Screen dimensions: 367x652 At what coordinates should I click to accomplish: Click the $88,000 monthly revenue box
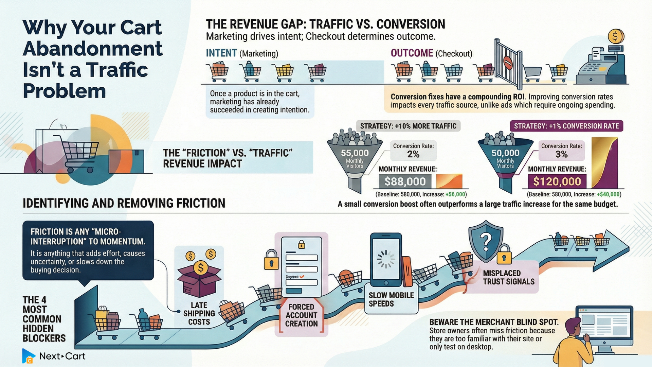point(405,181)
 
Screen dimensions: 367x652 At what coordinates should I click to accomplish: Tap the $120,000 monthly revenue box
point(557,181)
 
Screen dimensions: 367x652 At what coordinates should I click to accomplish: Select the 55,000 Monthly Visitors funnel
point(355,160)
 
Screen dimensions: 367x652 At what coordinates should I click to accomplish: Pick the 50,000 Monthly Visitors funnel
point(505,160)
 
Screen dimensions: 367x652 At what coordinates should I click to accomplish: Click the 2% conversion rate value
point(413,154)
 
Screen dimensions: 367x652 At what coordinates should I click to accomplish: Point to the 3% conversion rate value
point(561,154)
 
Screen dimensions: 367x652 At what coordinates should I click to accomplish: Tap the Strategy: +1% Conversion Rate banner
point(566,126)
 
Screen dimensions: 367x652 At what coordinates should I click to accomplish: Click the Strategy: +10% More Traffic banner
point(408,126)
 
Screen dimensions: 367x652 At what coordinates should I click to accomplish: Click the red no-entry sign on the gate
point(508,62)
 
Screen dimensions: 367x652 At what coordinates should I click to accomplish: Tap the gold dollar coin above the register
point(615,36)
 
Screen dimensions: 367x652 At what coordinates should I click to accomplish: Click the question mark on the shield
point(486,242)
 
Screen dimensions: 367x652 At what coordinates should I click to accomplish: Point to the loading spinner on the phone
point(386,259)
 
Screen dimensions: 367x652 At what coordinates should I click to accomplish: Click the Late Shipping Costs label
point(199,313)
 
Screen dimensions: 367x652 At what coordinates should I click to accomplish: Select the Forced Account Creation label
point(301,315)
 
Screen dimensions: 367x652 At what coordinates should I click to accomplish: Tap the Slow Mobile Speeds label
point(391,299)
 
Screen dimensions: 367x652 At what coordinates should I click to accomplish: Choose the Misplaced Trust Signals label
point(508,277)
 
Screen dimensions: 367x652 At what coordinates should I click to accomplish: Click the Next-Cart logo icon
point(29,356)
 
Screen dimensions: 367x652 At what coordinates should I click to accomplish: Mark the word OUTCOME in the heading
point(412,53)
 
